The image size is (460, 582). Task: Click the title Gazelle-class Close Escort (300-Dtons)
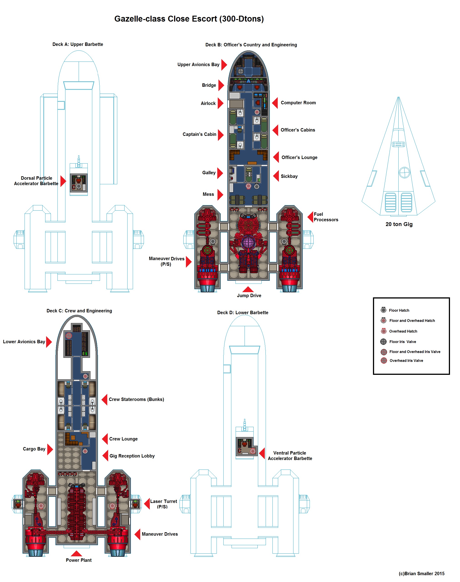[189, 19]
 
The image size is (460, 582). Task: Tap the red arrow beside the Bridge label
[221, 85]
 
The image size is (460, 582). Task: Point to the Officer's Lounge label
[299, 157]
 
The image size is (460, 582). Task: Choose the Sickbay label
[289, 176]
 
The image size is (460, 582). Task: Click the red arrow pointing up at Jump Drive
[248, 289]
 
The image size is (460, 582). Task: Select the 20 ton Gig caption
[399, 224]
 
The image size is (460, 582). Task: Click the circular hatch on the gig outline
[404, 173]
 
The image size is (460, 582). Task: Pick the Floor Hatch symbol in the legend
[383, 310]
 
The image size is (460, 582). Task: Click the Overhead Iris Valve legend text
[406, 361]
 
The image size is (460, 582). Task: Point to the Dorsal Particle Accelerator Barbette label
[36, 181]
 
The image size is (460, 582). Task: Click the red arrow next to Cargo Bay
[50, 449]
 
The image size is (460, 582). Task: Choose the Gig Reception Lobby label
[132, 456]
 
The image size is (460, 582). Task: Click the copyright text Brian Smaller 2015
[422, 574]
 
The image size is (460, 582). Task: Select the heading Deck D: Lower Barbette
[243, 313]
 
